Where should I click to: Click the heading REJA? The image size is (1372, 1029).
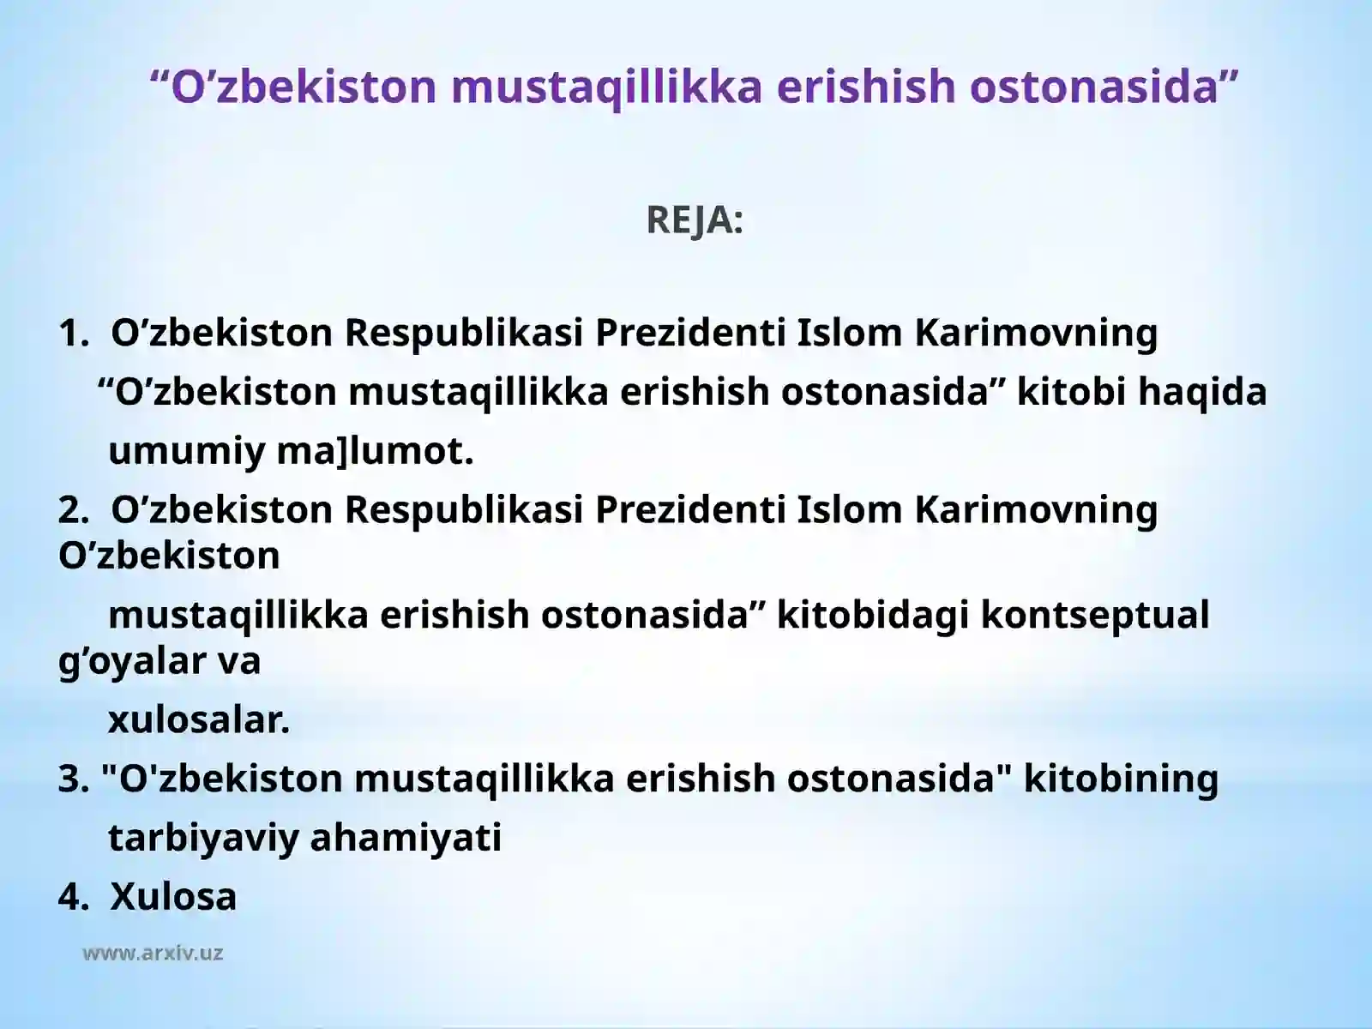tap(695, 220)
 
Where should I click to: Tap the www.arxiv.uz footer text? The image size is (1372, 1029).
tap(153, 953)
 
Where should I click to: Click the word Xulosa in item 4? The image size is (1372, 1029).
tap(173, 896)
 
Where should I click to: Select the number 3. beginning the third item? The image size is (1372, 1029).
tap(74, 779)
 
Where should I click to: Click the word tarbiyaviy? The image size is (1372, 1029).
tap(202, 838)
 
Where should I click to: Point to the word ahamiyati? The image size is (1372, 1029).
tap(406, 838)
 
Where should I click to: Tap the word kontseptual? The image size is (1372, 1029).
tap(1094, 615)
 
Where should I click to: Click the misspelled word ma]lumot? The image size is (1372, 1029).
tap(375, 451)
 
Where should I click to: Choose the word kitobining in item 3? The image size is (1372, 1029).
tap(1121, 779)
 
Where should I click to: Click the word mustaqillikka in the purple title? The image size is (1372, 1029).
tap(606, 86)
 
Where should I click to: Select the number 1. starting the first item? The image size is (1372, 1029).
tap(74, 333)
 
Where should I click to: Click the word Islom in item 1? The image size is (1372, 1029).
tap(850, 333)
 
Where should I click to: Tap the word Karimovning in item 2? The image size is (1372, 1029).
tap(1036, 509)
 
